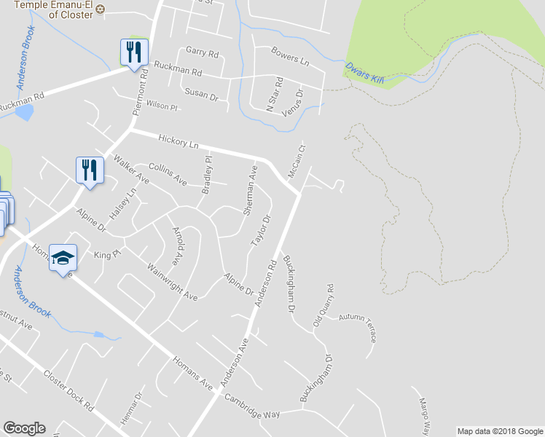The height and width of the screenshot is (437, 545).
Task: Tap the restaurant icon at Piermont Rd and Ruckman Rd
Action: [x=133, y=52]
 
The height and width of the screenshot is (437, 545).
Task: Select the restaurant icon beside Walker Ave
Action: [x=90, y=170]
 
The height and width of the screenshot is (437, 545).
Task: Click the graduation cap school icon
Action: [x=63, y=259]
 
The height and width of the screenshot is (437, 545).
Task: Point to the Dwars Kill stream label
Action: [x=364, y=72]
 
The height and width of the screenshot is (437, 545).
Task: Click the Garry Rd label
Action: [x=202, y=53]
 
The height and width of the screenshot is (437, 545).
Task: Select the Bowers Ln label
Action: [x=290, y=56]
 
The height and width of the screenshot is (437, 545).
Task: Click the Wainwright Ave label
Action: [x=172, y=282]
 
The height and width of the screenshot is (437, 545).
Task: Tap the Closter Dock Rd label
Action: [x=69, y=389]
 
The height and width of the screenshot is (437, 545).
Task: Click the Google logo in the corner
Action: [x=24, y=428]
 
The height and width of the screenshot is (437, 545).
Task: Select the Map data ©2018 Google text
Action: [x=499, y=431]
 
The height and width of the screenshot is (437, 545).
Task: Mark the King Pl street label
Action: [x=106, y=255]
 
